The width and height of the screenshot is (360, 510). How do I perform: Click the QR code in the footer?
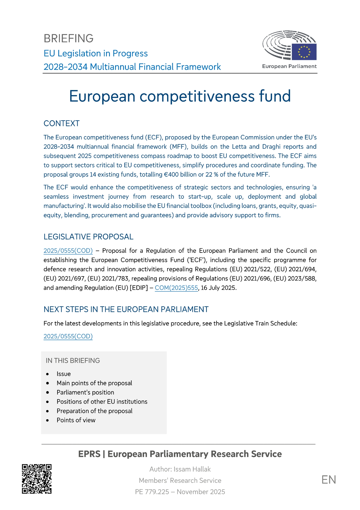point(37,479)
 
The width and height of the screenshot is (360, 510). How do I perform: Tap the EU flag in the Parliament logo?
point(304,52)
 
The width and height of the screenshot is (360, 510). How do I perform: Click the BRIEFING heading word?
point(69,39)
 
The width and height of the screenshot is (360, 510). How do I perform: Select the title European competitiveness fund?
point(180,96)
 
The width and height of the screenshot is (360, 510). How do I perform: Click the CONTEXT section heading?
point(62,123)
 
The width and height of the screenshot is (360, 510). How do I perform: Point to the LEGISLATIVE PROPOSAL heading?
point(88,237)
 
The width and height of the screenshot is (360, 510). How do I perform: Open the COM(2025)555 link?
point(176,288)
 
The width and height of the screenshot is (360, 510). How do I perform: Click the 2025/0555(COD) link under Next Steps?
point(68,336)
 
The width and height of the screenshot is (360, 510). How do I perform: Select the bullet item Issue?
point(64,374)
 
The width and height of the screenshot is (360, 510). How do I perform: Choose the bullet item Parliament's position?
point(85,392)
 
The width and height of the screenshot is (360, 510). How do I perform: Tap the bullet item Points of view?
point(76,420)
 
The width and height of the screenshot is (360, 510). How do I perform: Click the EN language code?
point(329,480)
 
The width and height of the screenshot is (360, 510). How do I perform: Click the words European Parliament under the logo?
point(289,66)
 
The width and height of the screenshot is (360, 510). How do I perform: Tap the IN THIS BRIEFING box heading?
point(73,361)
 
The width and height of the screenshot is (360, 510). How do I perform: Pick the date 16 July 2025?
point(219,288)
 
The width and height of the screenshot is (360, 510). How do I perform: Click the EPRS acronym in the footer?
point(89,454)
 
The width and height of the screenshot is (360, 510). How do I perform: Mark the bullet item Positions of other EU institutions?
point(102,402)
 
